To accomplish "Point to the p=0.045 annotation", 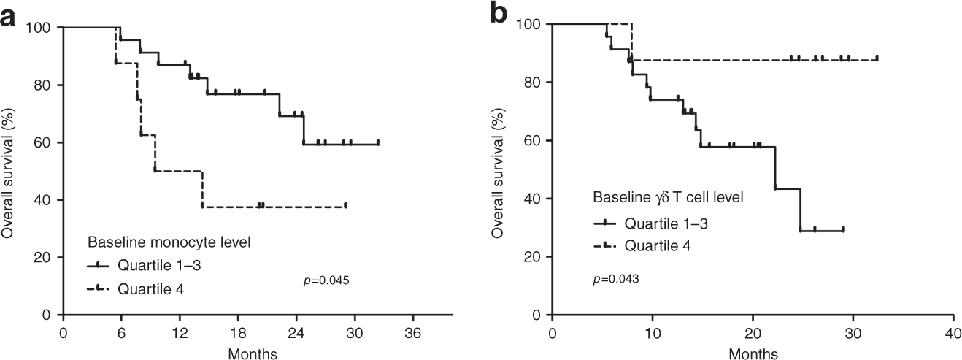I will (x=326, y=279).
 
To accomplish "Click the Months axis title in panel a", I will (x=253, y=353).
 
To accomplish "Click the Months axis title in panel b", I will (x=753, y=353).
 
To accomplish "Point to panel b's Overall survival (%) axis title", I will (x=499, y=169).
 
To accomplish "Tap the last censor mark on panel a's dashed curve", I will (x=345, y=205).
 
